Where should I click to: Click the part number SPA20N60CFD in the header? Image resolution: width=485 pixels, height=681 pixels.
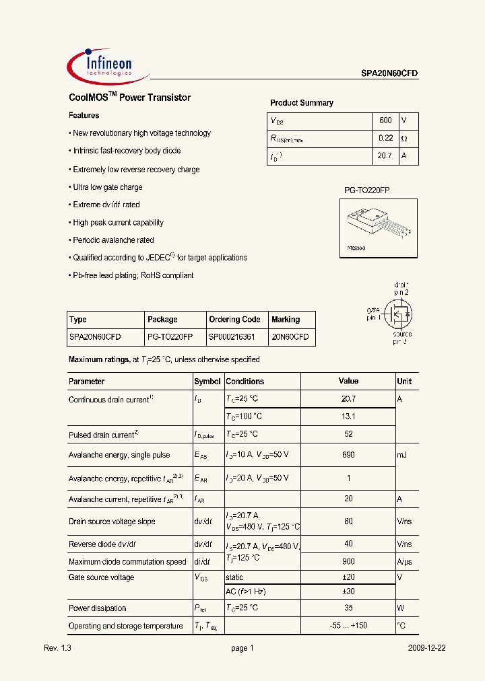point(385,75)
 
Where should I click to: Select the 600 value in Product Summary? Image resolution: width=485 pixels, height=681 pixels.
point(385,120)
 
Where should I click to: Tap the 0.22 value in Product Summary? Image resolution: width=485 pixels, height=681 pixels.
point(385,138)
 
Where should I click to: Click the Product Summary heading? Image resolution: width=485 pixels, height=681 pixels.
point(302,103)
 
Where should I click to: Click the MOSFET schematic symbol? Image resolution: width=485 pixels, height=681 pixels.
point(397,313)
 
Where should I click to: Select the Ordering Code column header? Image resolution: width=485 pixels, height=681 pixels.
point(234,320)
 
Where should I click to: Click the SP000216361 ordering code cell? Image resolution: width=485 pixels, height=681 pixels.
point(232,337)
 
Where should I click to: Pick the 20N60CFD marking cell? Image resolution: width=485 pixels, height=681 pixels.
point(290,337)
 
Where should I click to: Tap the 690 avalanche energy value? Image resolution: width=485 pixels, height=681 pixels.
point(348,456)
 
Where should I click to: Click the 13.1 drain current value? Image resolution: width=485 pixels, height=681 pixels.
point(348,417)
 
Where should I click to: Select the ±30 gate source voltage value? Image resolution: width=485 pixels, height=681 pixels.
point(348,592)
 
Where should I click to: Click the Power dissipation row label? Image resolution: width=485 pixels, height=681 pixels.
point(98,608)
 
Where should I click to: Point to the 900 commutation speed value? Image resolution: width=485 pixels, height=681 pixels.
point(348,562)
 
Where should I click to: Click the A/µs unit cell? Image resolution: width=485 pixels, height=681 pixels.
point(404,562)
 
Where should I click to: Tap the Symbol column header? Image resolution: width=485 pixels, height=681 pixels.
point(207,382)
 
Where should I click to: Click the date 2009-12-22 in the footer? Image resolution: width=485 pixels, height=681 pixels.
point(426,648)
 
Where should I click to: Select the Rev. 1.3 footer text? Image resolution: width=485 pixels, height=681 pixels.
point(57,648)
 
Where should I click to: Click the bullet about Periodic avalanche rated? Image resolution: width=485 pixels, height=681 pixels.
point(112,240)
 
